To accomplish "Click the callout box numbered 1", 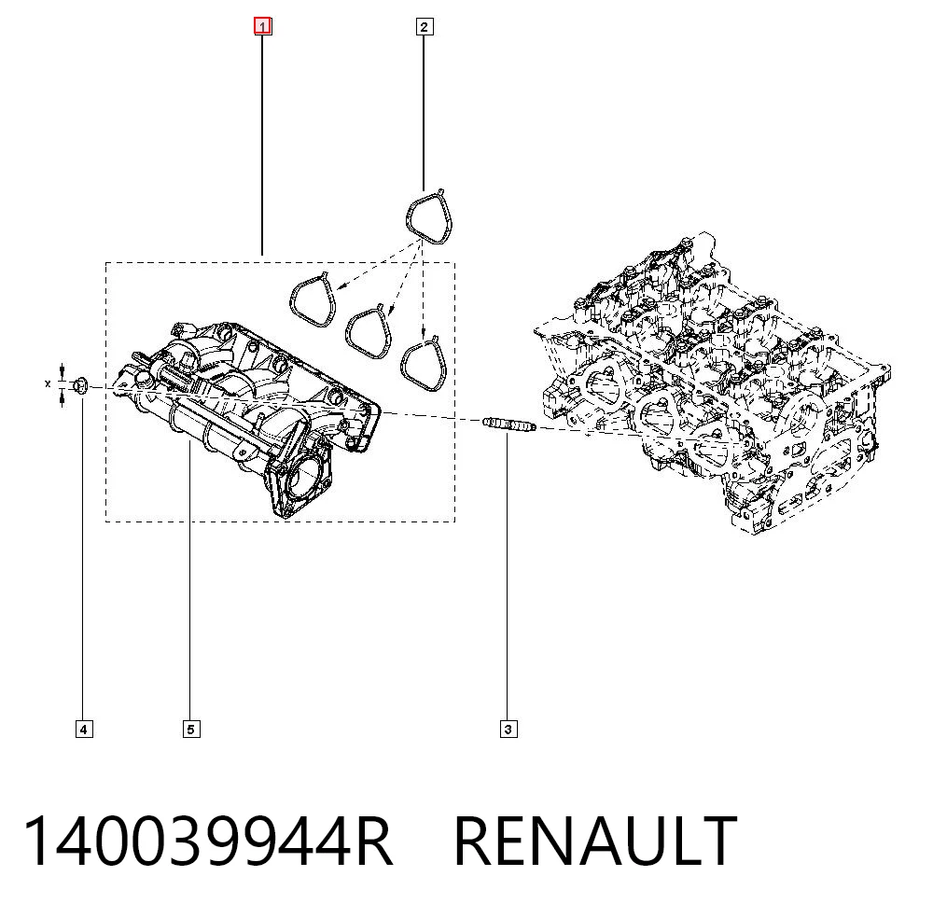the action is [263, 26].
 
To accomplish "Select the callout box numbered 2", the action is [424, 27].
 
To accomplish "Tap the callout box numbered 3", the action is [508, 729].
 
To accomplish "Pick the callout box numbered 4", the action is [84, 729].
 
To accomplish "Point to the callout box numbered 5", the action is [191, 729].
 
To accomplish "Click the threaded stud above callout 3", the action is [509, 424].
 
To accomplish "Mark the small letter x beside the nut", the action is [48, 384].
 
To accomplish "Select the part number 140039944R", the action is [208, 841].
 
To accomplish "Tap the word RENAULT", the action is [595, 841].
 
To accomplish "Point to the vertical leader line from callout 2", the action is [424, 113].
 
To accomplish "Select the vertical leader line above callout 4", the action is [82, 560].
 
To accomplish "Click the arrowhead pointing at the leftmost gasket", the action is [340, 286].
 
